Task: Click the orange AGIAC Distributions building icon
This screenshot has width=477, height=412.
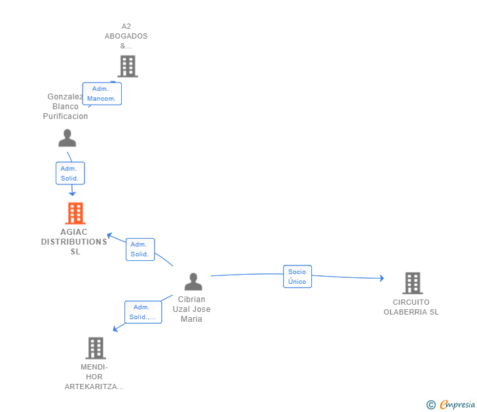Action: [75, 213]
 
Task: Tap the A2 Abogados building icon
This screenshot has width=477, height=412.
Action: [128, 66]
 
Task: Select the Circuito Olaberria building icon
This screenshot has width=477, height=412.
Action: [413, 283]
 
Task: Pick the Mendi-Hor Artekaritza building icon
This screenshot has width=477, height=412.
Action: [96, 348]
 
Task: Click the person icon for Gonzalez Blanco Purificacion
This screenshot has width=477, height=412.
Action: [67, 138]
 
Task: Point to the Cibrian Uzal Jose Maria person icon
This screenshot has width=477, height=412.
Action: [193, 281]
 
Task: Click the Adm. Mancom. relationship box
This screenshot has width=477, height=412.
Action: [102, 94]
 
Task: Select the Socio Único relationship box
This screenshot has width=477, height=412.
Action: [297, 277]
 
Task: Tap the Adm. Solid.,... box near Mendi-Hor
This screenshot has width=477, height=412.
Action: [143, 312]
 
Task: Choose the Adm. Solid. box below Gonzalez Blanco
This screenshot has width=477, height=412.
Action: [70, 173]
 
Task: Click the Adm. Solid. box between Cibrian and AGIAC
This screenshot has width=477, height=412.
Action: [140, 249]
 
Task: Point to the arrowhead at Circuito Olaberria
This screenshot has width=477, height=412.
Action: [382, 278]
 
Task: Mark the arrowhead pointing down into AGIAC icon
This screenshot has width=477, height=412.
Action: [72, 194]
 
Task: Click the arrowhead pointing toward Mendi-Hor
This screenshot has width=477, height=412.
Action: [115, 329]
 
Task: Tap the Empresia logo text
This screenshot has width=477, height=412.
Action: [457, 404]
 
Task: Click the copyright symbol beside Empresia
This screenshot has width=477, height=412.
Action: [430, 405]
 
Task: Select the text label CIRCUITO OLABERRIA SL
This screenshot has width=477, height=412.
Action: [411, 307]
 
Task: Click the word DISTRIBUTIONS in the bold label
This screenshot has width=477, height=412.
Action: [74, 242]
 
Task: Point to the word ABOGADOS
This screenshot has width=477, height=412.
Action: [126, 36]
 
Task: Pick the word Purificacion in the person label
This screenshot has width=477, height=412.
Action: [66, 116]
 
